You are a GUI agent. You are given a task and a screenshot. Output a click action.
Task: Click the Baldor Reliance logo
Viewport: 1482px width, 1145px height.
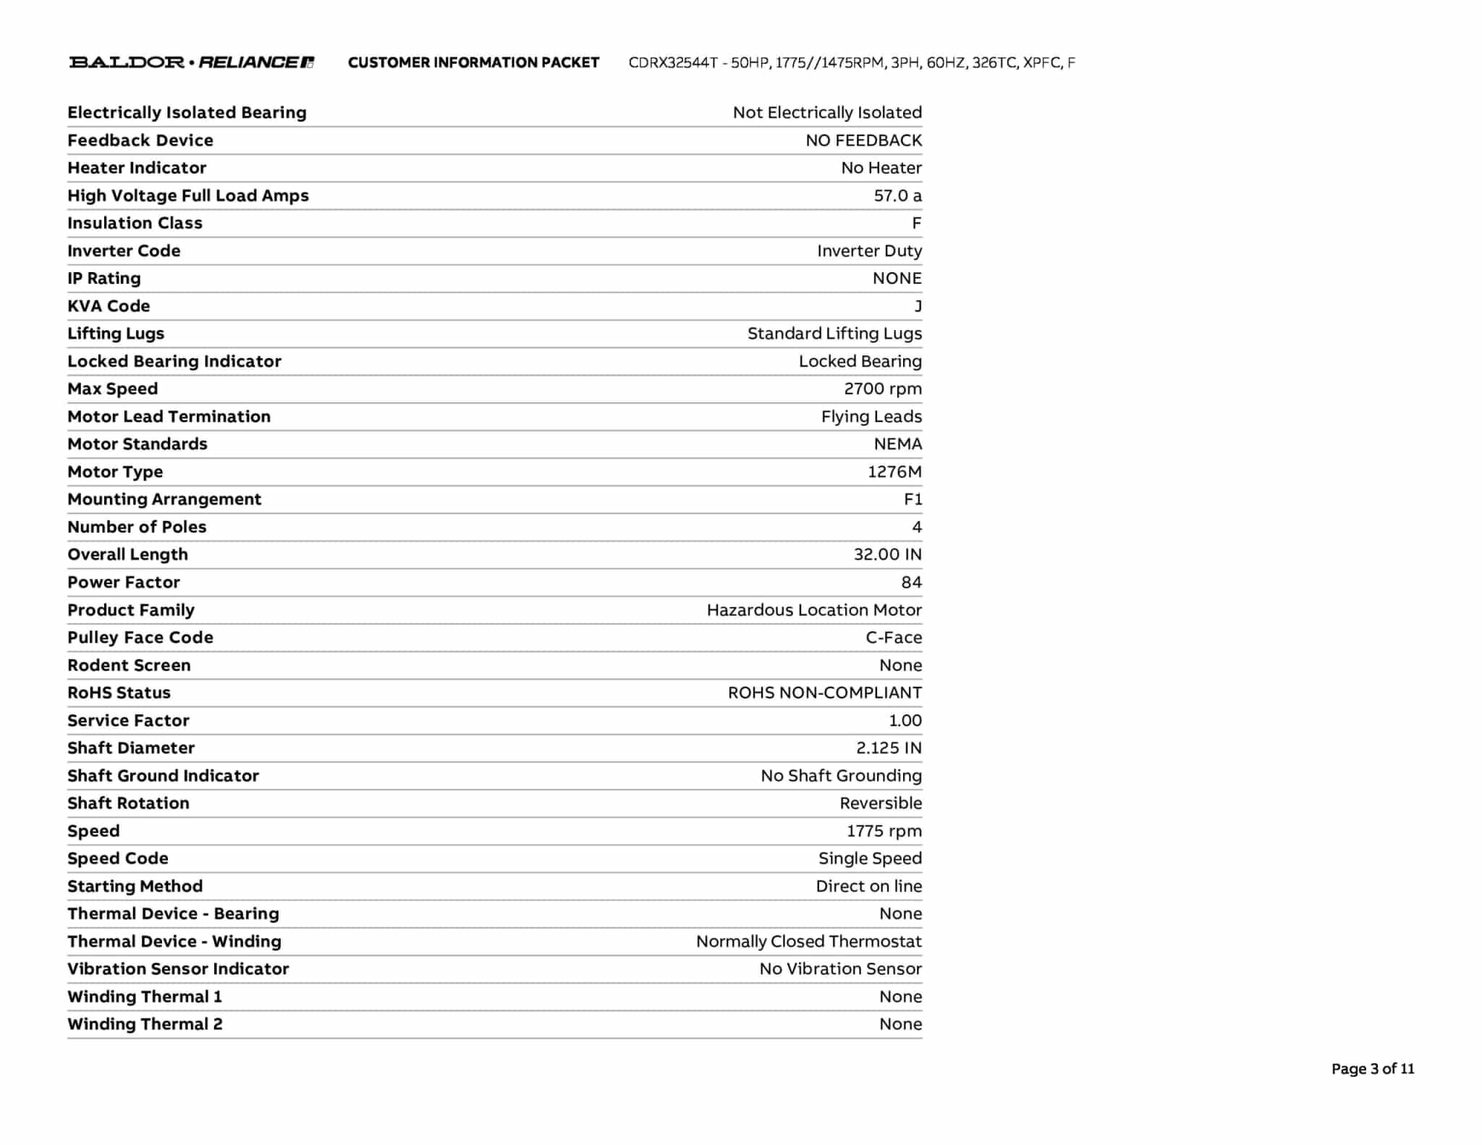(x=191, y=62)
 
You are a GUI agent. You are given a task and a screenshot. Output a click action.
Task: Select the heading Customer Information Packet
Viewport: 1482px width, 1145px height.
(x=473, y=63)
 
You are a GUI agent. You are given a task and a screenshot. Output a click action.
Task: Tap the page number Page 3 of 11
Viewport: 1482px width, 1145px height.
(x=1372, y=1069)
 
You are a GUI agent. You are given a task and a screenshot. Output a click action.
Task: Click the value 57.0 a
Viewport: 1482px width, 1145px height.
(x=897, y=195)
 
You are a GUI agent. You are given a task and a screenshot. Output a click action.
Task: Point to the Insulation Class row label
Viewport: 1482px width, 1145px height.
(x=135, y=223)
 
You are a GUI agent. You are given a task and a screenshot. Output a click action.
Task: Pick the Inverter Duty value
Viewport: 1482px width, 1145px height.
(x=869, y=250)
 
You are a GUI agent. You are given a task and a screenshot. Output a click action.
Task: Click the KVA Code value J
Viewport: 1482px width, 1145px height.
(x=918, y=306)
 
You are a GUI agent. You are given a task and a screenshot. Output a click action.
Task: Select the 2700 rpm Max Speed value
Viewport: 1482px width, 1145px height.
(x=882, y=389)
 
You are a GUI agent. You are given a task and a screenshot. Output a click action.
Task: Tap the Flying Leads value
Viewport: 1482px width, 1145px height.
(x=871, y=416)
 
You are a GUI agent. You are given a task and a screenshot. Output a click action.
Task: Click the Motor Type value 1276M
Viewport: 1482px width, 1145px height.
(x=894, y=472)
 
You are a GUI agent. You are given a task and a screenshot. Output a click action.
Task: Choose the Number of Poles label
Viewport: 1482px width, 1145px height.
(x=137, y=527)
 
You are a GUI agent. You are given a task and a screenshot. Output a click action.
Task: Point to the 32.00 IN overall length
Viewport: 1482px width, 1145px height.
(x=887, y=554)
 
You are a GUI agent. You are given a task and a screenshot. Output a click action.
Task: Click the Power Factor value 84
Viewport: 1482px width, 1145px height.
(x=911, y=582)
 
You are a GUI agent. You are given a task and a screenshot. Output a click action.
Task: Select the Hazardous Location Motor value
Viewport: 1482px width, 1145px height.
(x=814, y=610)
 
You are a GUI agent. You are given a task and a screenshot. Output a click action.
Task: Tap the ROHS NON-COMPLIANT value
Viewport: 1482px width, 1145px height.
(x=824, y=693)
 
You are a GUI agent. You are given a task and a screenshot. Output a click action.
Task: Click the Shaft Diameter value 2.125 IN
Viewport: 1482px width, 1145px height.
(x=889, y=748)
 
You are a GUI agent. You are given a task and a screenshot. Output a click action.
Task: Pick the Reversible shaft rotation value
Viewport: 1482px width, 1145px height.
(x=881, y=803)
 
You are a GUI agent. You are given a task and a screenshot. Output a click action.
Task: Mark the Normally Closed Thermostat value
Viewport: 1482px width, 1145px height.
(x=808, y=941)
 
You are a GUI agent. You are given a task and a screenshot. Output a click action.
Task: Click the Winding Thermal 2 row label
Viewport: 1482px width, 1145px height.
(x=145, y=1024)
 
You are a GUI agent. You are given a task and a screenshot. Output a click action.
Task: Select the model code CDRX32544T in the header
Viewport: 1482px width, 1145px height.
(x=673, y=63)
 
